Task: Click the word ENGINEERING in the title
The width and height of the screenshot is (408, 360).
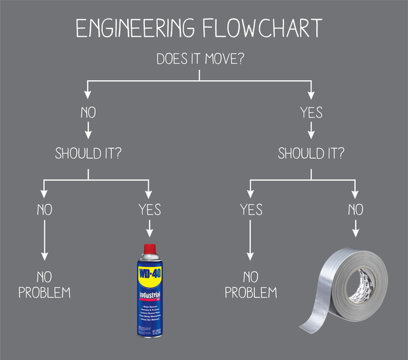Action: point(129,28)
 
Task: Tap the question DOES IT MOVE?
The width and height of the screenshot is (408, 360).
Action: point(201,59)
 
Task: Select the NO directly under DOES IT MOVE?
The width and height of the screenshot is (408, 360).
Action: point(87,111)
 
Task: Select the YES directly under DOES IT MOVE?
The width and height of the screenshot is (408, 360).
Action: point(311,111)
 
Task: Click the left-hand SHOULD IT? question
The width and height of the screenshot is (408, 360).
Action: point(88,154)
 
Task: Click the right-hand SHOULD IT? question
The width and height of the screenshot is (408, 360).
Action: point(312,154)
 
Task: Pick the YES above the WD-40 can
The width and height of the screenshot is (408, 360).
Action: point(150,209)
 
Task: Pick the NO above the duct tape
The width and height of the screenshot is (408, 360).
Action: point(354,209)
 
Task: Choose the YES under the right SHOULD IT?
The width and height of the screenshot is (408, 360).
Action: point(251,209)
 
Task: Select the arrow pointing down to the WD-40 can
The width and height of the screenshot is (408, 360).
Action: point(150,230)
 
